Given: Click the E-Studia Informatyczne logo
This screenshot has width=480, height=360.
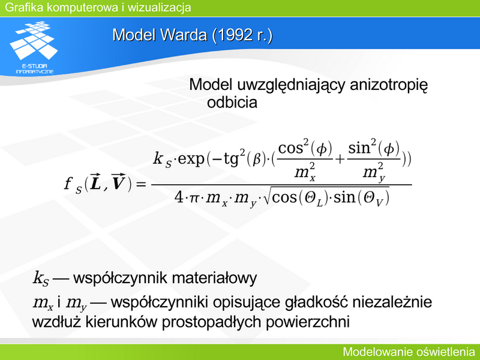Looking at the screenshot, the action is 34,47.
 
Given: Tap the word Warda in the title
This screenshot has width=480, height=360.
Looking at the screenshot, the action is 183,35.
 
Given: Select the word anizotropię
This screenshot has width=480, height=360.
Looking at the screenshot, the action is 388,85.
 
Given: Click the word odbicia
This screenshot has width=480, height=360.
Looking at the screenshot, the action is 232,102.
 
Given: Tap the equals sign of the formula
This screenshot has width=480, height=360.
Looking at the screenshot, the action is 141,184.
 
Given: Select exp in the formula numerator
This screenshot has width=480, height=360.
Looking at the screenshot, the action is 191,159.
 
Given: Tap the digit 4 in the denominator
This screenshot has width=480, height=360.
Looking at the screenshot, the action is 178,197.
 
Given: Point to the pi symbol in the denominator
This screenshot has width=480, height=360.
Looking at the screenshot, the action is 194,199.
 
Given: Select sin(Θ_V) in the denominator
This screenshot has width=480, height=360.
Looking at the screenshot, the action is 361,198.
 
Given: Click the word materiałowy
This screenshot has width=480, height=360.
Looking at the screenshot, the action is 214,278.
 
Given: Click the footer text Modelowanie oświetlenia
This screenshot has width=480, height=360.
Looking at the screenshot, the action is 409,352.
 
